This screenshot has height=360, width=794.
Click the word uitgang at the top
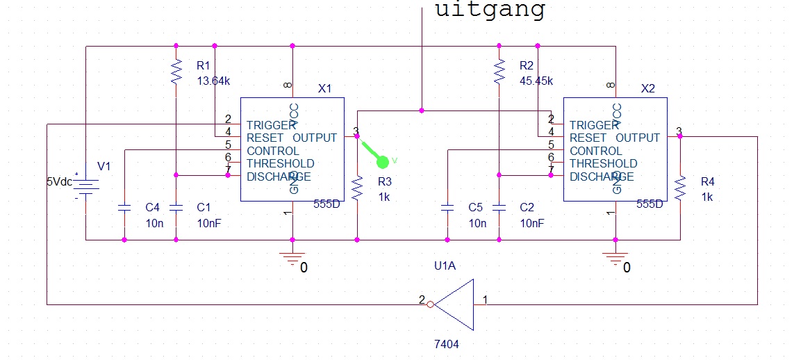490,10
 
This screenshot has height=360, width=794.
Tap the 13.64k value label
213,81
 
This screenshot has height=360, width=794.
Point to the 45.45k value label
536,81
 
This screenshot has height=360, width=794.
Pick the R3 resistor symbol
357,188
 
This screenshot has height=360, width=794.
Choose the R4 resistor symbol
680,188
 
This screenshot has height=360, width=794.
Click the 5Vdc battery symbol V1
85,186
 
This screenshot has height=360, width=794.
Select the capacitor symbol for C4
124,207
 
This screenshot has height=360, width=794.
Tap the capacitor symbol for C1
176,207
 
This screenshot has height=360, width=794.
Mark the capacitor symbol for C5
447,207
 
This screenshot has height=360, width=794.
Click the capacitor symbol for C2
499,207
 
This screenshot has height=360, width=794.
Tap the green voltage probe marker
381,161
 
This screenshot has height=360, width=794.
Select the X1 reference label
324,89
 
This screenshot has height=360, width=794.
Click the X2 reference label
647,89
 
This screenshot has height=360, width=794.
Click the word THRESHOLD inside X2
602,164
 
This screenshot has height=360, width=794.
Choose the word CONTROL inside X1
273,151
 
